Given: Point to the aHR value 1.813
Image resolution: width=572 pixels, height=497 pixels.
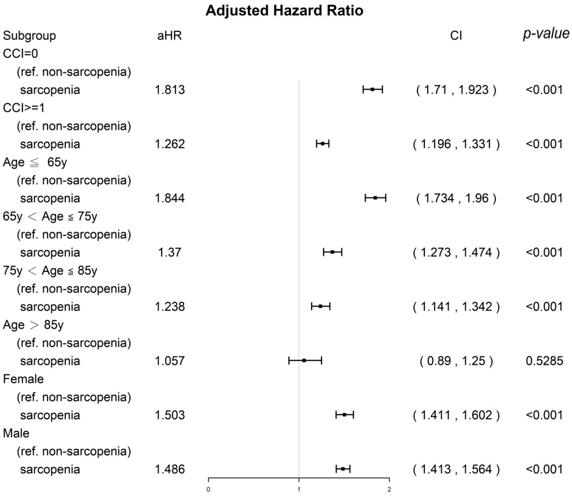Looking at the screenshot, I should click(x=170, y=90).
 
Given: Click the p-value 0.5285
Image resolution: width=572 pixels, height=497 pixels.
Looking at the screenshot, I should click(x=544, y=361).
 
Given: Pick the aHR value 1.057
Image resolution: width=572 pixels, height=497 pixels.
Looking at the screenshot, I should click(x=170, y=361).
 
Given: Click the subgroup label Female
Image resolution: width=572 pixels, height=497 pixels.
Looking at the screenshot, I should click(x=23, y=379).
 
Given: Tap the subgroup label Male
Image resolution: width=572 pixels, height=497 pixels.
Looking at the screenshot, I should click(x=16, y=433).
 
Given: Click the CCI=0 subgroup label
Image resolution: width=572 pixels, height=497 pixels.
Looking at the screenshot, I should click(x=20, y=54).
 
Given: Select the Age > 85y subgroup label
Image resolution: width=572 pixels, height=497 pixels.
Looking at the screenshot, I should click(x=33, y=325).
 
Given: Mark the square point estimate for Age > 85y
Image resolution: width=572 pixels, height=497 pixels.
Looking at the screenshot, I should click(x=304, y=361).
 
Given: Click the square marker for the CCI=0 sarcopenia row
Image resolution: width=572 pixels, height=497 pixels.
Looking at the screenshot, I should click(x=373, y=89).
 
